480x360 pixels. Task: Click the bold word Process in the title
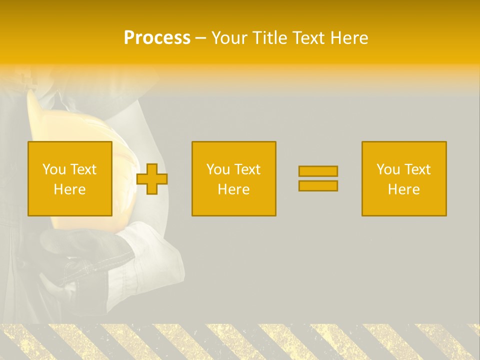pyautogui.click(x=157, y=38)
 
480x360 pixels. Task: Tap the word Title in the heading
pyautogui.click(x=270, y=38)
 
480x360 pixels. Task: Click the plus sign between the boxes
pyautogui.click(x=152, y=179)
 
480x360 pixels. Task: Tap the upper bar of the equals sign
pyautogui.click(x=318, y=171)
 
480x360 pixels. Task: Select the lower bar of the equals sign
pyautogui.click(x=318, y=186)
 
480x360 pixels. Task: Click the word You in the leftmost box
pyautogui.click(x=54, y=169)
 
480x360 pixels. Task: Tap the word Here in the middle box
pyautogui.click(x=234, y=189)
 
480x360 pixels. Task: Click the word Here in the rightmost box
pyautogui.click(x=404, y=189)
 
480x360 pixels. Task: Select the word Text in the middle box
pyautogui.click(x=247, y=169)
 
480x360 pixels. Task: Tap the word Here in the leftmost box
pyautogui.click(x=70, y=189)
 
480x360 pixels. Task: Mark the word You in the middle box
pyautogui.click(x=218, y=169)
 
